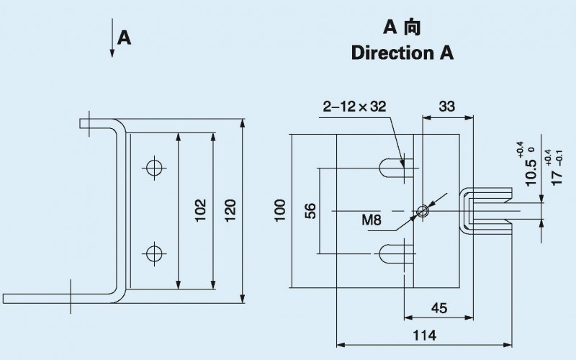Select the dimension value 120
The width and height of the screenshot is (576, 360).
[x=230, y=209]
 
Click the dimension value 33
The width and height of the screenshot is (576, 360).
[x=446, y=107]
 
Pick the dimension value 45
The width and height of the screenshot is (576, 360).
[x=438, y=307]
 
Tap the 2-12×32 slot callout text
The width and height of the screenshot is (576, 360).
[x=355, y=107]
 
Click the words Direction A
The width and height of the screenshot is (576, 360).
[x=402, y=54]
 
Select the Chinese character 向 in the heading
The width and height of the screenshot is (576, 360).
[x=412, y=28]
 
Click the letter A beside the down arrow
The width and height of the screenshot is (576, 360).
[x=125, y=37]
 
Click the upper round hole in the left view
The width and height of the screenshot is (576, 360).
[x=153, y=168]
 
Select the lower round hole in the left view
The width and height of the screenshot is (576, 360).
[x=153, y=253]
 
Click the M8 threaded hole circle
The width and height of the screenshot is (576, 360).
[x=423, y=211]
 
